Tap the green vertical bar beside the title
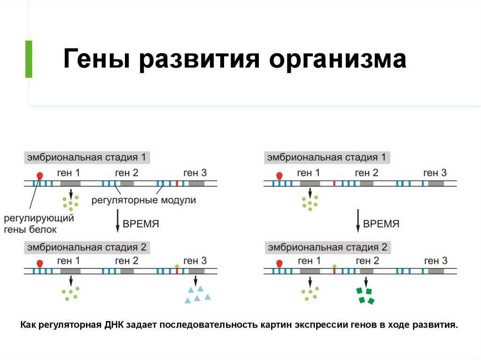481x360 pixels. pyautogui.click(x=29, y=59)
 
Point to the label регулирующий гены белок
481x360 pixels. pyautogui.click(x=39, y=224)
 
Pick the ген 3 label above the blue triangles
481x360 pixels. pyautogui.click(x=194, y=261)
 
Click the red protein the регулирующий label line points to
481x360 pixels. pyautogui.click(x=40, y=176)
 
